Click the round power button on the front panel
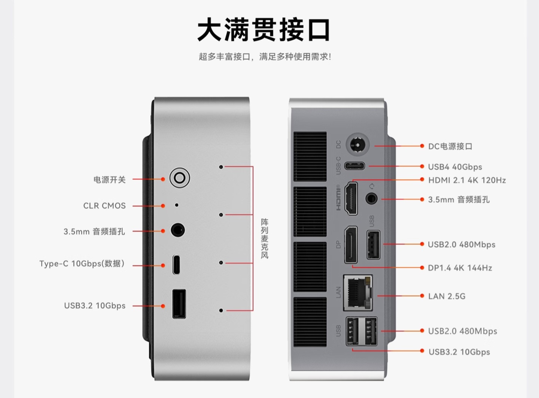(x=179, y=178)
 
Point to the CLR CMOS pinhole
(x=177, y=205)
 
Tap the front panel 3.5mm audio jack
(x=178, y=230)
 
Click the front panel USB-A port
(x=179, y=304)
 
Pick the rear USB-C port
(x=354, y=166)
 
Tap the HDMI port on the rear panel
(x=351, y=198)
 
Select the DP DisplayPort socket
(x=351, y=245)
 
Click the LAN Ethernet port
(x=358, y=292)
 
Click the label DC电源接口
(x=450, y=146)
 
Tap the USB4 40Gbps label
(x=455, y=167)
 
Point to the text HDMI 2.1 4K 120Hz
(x=467, y=180)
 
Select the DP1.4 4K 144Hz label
(x=460, y=268)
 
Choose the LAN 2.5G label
(x=447, y=296)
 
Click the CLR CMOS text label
(x=104, y=206)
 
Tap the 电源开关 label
(x=109, y=180)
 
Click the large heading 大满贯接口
(x=264, y=30)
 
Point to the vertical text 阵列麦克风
(x=265, y=239)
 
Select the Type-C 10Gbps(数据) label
(x=82, y=264)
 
